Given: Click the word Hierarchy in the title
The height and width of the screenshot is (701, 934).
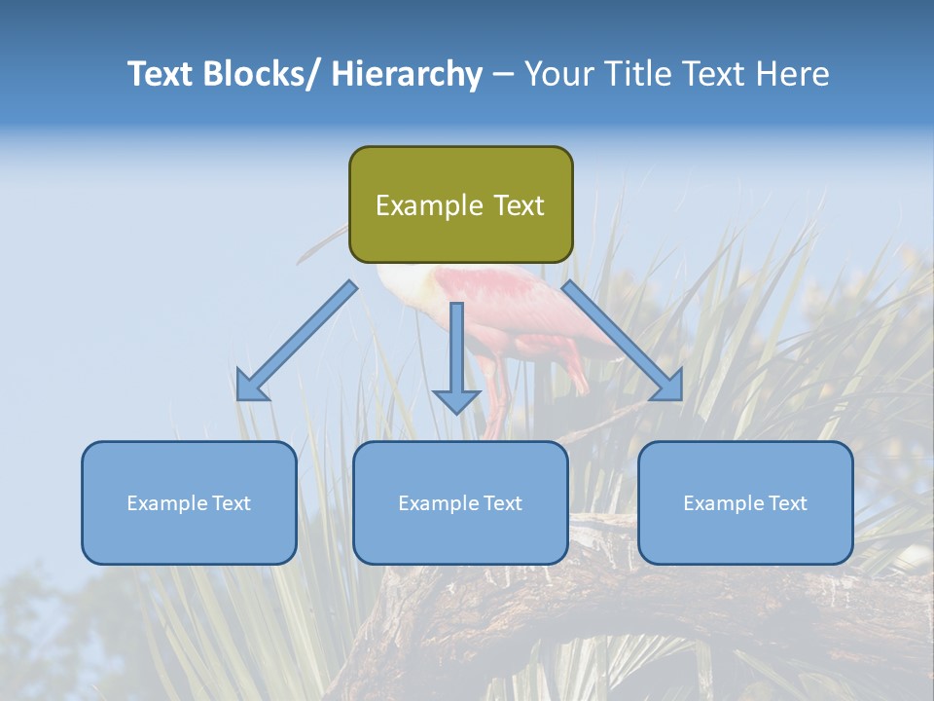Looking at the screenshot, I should [407, 74].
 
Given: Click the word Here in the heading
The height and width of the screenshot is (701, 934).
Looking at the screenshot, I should [792, 74].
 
